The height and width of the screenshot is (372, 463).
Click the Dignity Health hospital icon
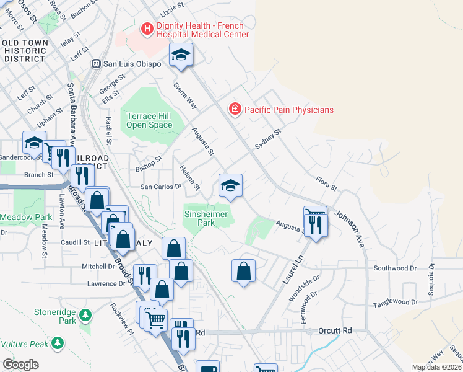(x=147, y=29)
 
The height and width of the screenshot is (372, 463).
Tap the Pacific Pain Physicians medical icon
(x=235, y=110)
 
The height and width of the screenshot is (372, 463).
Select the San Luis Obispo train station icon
(x=96, y=63)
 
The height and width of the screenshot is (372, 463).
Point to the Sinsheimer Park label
(x=206, y=218)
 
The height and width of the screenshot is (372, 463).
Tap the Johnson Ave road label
(x=350, y=229)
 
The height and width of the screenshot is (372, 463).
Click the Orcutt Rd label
(x=334, y=331)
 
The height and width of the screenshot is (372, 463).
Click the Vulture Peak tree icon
(x=58, y=342)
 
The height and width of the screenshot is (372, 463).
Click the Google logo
(x=20, y=365)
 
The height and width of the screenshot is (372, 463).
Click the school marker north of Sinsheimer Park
(x=230, y=186)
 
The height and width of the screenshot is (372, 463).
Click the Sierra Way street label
(x=185, y=95)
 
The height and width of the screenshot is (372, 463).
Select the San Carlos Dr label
(x=161, y=186)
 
